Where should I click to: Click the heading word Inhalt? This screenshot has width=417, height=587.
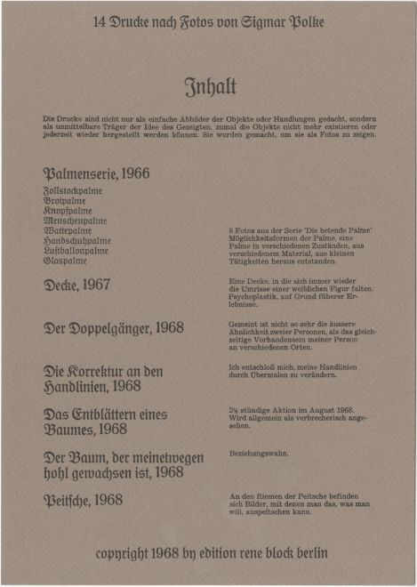point(210,86)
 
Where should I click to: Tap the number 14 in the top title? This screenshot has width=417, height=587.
point(100,22)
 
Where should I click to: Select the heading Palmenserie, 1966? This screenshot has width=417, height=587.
point(96,173)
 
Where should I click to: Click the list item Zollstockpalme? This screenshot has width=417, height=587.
point(73,191)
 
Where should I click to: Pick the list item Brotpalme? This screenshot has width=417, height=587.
point(65,201)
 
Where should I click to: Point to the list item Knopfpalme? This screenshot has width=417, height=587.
point(67,211)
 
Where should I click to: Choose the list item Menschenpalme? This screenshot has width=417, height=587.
point(75,221)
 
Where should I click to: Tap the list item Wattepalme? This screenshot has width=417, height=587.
point(68,230)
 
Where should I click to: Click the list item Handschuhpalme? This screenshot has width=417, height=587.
point(77,240)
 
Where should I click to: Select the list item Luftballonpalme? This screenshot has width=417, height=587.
point(76,251)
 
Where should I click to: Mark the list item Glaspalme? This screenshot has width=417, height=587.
point(65,261)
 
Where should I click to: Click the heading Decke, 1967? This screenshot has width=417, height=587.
point(77,285)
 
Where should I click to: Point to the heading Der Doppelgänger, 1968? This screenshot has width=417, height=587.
point(114,328)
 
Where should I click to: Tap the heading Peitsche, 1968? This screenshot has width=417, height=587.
point(83,500)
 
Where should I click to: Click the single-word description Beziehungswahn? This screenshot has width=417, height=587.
point(259,454)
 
